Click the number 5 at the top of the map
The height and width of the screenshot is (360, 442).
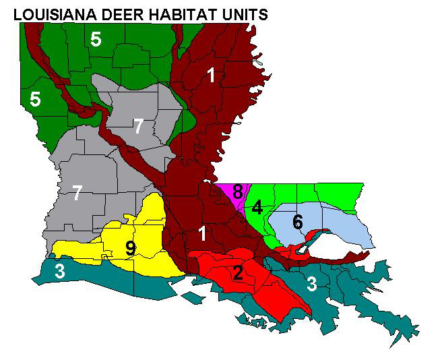pos(96,40)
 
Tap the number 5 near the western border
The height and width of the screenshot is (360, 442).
pos(35,100)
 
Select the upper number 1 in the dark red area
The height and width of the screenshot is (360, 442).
pos(212,76)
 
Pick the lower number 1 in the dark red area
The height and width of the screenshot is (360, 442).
pos(201,234)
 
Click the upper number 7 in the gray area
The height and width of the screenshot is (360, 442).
pos(138,126)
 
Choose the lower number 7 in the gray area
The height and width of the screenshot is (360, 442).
pos(77,194)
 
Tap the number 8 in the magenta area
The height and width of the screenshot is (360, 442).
pos(237,191)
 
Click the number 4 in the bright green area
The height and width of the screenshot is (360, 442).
pos(257,207)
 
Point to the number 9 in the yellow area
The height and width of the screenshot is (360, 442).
pos(131,249)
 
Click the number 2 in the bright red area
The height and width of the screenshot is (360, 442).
pos(237,272)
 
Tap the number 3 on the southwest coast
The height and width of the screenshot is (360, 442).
pos(60,272)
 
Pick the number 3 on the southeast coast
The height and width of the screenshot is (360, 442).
pos(312,284)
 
